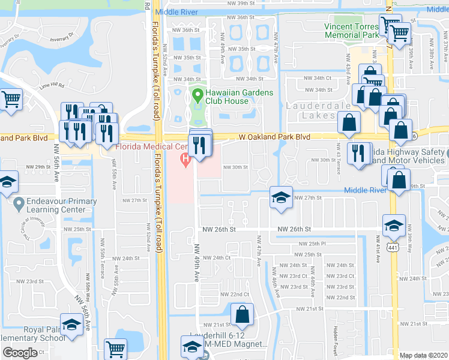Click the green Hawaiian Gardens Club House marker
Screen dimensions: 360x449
196,94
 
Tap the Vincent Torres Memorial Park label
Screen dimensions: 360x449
352,31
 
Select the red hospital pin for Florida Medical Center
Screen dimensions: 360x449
186,159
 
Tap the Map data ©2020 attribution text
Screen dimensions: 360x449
424,355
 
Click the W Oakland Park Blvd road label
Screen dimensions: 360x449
274,137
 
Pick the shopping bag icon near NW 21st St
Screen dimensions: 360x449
243,314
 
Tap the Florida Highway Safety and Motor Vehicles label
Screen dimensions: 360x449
408,156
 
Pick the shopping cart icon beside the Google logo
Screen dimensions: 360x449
115,348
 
